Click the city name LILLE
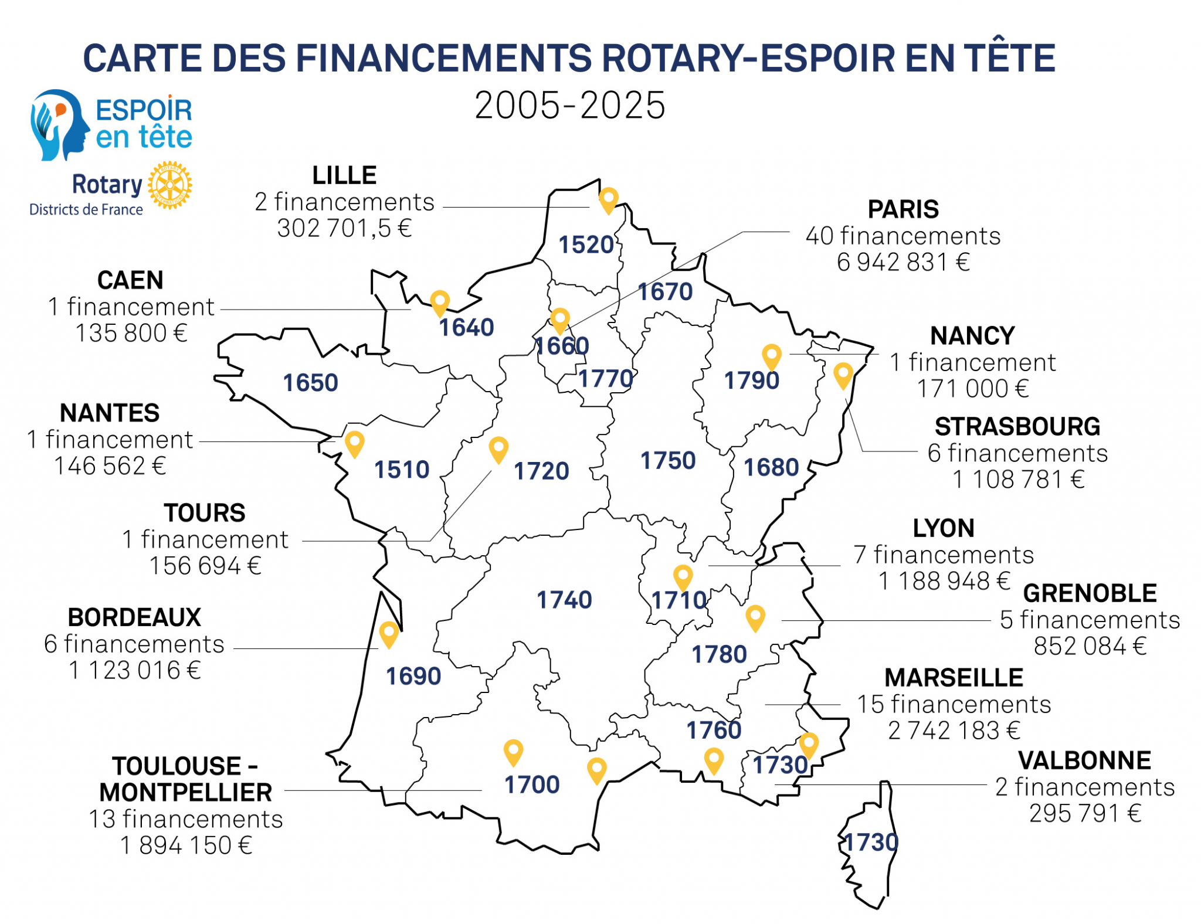point(344,175)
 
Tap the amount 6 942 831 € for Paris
point(903,262)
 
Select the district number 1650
point(310,383)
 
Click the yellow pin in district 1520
point(608,199)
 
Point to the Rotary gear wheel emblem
point(169,185)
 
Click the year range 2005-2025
point(569,106)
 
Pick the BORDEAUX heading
point(134,617)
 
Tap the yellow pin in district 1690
point(389,633)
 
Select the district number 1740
point(564,600)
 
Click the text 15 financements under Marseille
point(954,704)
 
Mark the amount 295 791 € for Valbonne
point(1085,813)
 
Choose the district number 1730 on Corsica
point(870,843)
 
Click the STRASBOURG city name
point(1017,427)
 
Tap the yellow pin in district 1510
point(354,443)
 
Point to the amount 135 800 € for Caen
point(131,333)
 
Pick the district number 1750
point(667,461)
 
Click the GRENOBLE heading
point(1090,593)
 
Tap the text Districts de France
point(86,209)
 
